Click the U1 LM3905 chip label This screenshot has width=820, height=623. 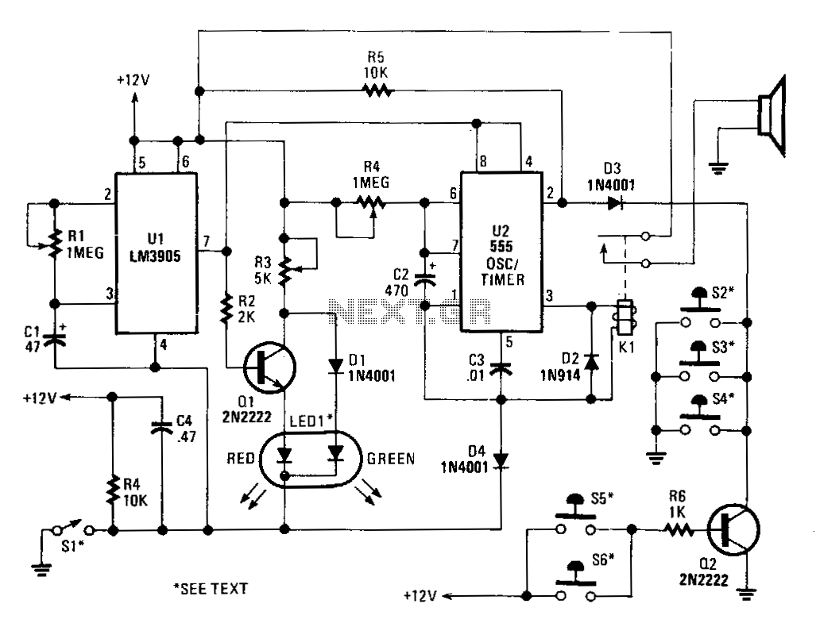coord(155,248)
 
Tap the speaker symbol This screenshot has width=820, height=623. coord(772,116)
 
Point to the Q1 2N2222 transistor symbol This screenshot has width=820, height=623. coord(270,367)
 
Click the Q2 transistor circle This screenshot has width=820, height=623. coord(733,529)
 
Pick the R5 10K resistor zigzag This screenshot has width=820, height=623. coord(377,91)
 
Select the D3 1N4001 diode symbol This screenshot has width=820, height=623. coord(616,203)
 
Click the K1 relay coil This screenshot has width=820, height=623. coord(625,317)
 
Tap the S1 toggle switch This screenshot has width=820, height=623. coord(74,529)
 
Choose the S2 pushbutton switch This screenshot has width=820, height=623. coord(700,309)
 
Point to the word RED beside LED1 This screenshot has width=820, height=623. coord(241,459)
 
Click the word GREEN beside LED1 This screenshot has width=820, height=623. coord(391,459)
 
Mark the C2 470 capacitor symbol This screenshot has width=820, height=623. coord(424,280)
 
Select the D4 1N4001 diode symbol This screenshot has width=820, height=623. coord(501,460)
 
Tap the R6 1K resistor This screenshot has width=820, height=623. coord(679,530)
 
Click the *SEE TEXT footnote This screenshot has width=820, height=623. coord(211,589)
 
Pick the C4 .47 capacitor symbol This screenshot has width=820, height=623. coord(161,428)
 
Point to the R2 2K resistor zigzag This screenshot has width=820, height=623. coord(226,310)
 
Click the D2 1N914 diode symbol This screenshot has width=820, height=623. coord(591,362)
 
